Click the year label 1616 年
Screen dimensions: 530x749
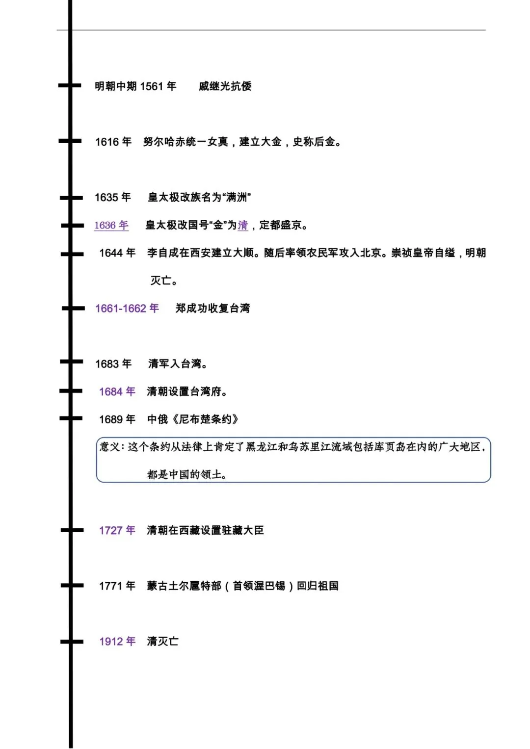pyautogui.click(x=113, y=142)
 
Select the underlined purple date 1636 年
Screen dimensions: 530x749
pyautogui.click(x=111, y=225)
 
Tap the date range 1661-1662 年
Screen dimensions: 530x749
pyautogui.click(x=127, y=308)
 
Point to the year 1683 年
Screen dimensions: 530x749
pyautogui.click(x=113, y=363)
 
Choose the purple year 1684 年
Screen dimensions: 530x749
pyautogui.click(x=117, y=391)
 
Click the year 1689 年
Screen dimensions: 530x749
pyautogui.click(x=117, y=419)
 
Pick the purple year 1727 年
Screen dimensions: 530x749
pyautogui.click(x=117, y=530)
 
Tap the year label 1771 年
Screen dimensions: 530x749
pyautogui.click(x=117, y=586)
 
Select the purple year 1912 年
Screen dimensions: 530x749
pyautogui.click(x=117, y=641)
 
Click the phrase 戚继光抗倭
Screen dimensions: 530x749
pyautogui.click(x=225, y=86)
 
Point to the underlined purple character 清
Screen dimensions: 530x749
pyautogui.click(x=243, y=225)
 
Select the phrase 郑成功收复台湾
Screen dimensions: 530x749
pyautogui.click(x=213, y=308)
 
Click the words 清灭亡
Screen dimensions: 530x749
pyautogui.click(x=162, y=641)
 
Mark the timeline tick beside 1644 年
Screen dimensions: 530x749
pyautogui.click(x=72, y=254)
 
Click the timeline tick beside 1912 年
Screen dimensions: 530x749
pyautogui.click(x=72, y=642)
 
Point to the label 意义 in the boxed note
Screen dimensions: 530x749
pyautogui.click(x=110, y=447)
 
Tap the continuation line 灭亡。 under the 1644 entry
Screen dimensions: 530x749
pyautogui.click(x=164, y=281)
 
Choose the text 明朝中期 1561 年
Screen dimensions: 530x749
pyautogui.click(x=135, y=86)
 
